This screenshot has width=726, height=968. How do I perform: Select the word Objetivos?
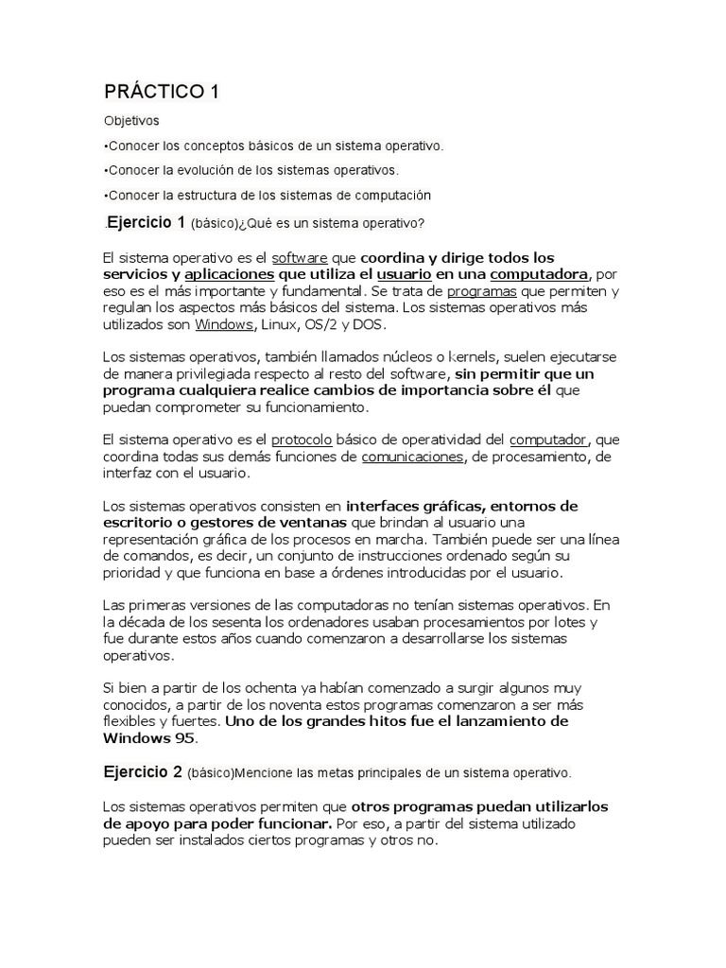[x=131, y=121]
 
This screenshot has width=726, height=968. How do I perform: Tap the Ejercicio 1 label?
[x=146, y=223]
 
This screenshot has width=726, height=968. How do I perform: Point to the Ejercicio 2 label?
[x=143, y=771]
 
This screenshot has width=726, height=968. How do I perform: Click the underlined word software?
[x=300, y=257]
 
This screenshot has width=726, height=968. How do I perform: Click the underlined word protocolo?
[x=302, y=440]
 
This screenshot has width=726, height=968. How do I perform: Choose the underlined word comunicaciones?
[x=412, y=457]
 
